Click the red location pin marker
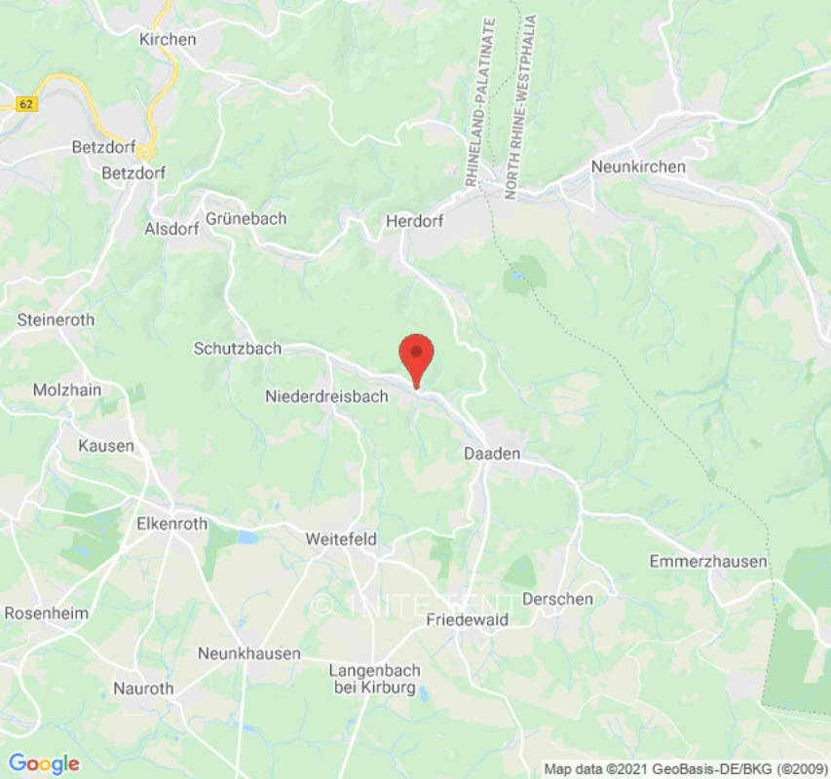[x=417, y=356]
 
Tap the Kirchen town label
[x=168, y=40]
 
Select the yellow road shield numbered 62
[x=26, y=102]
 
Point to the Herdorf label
[x=414, y=221]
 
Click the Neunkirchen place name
[x=638, y=167]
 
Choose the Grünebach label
[x=246, y=218]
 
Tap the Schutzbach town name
[x=237, y=348]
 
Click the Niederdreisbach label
[x=326, y=396]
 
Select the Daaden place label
[x=492, y=454]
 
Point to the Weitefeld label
[x=341, y=538]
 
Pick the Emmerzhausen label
[x=708, y=562]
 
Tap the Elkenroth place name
[x=171, y=523]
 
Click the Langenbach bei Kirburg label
[x=372, y=680]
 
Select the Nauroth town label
[x=141, y=688]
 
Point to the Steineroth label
[x=56, y=319]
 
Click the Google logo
[x=43, y=763]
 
